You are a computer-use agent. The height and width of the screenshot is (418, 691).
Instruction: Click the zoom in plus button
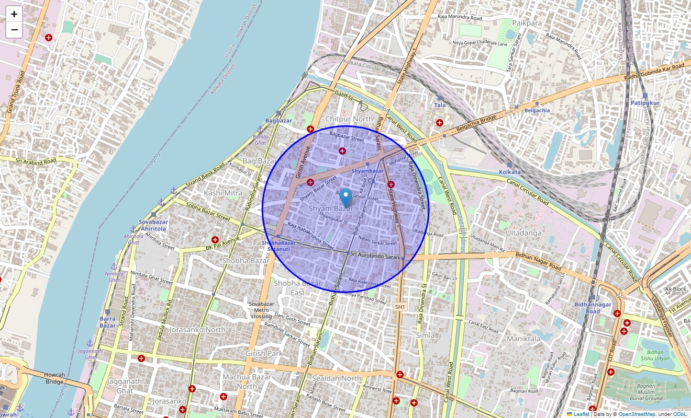14,14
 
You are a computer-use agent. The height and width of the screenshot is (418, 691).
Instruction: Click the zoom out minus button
14,30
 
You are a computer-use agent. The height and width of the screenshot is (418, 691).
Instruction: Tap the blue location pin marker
345,198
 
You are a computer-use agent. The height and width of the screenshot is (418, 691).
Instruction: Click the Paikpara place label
527,23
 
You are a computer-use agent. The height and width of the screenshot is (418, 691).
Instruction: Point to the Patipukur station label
645,103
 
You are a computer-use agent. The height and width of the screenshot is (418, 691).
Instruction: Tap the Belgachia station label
537,110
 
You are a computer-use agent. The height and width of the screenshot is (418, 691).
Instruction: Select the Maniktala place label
523,339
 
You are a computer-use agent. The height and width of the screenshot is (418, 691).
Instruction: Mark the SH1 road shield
400,307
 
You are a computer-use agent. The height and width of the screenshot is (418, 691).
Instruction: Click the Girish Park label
264,353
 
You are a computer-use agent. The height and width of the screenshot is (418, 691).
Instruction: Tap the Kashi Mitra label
223,193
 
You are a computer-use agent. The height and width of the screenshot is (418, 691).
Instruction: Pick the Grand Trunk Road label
16,92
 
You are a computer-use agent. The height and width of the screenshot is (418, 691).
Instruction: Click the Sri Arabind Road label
36,161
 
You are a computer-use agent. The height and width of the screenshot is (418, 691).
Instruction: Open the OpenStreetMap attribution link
637,414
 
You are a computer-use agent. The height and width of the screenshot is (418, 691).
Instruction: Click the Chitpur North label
349,119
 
